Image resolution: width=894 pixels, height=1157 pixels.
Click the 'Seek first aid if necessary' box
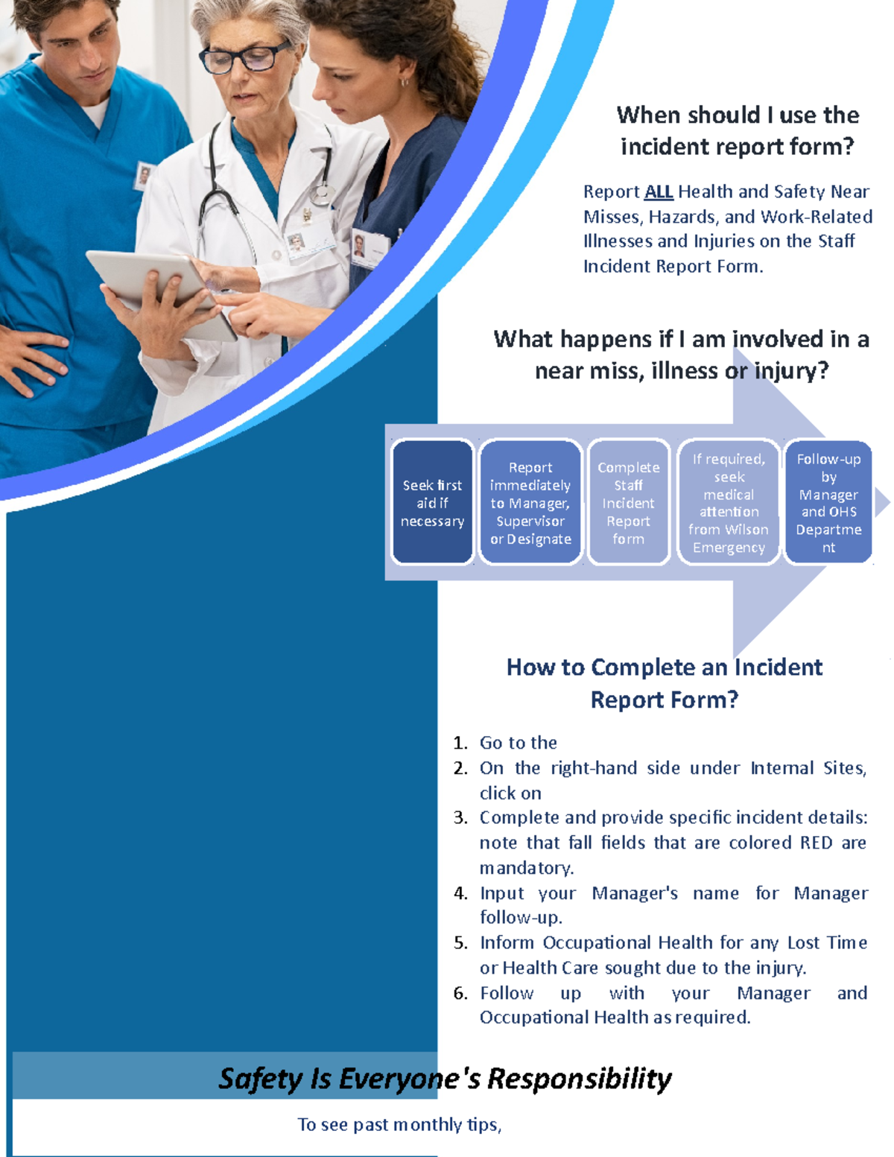pos(432,503)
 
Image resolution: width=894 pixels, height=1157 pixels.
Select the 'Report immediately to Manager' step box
pos(530,503)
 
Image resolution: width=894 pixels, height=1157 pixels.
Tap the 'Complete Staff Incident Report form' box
pos(628,503)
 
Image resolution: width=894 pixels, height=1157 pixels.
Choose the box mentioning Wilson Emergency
pos(729,503)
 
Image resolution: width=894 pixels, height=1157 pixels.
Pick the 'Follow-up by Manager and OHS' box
pos(828,503)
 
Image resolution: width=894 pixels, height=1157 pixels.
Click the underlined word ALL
pos(659,192)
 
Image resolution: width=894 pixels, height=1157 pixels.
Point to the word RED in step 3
pos(816,843)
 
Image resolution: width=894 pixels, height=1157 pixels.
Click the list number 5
pos(460,942)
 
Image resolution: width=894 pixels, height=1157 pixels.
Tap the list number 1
pos(460,743)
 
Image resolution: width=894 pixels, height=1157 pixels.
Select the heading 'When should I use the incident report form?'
pos(738,130)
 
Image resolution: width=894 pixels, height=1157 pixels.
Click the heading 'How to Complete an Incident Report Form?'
pos(664,683)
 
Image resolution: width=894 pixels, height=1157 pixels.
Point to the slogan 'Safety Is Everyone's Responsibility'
pos(445,1078)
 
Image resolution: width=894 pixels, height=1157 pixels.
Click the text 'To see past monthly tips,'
pos(399,1124)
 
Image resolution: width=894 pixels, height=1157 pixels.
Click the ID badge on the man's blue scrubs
pos(144,176)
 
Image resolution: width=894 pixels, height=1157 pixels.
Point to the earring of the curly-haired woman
pos(405,81)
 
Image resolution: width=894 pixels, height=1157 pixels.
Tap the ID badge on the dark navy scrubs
pos(369,248)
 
